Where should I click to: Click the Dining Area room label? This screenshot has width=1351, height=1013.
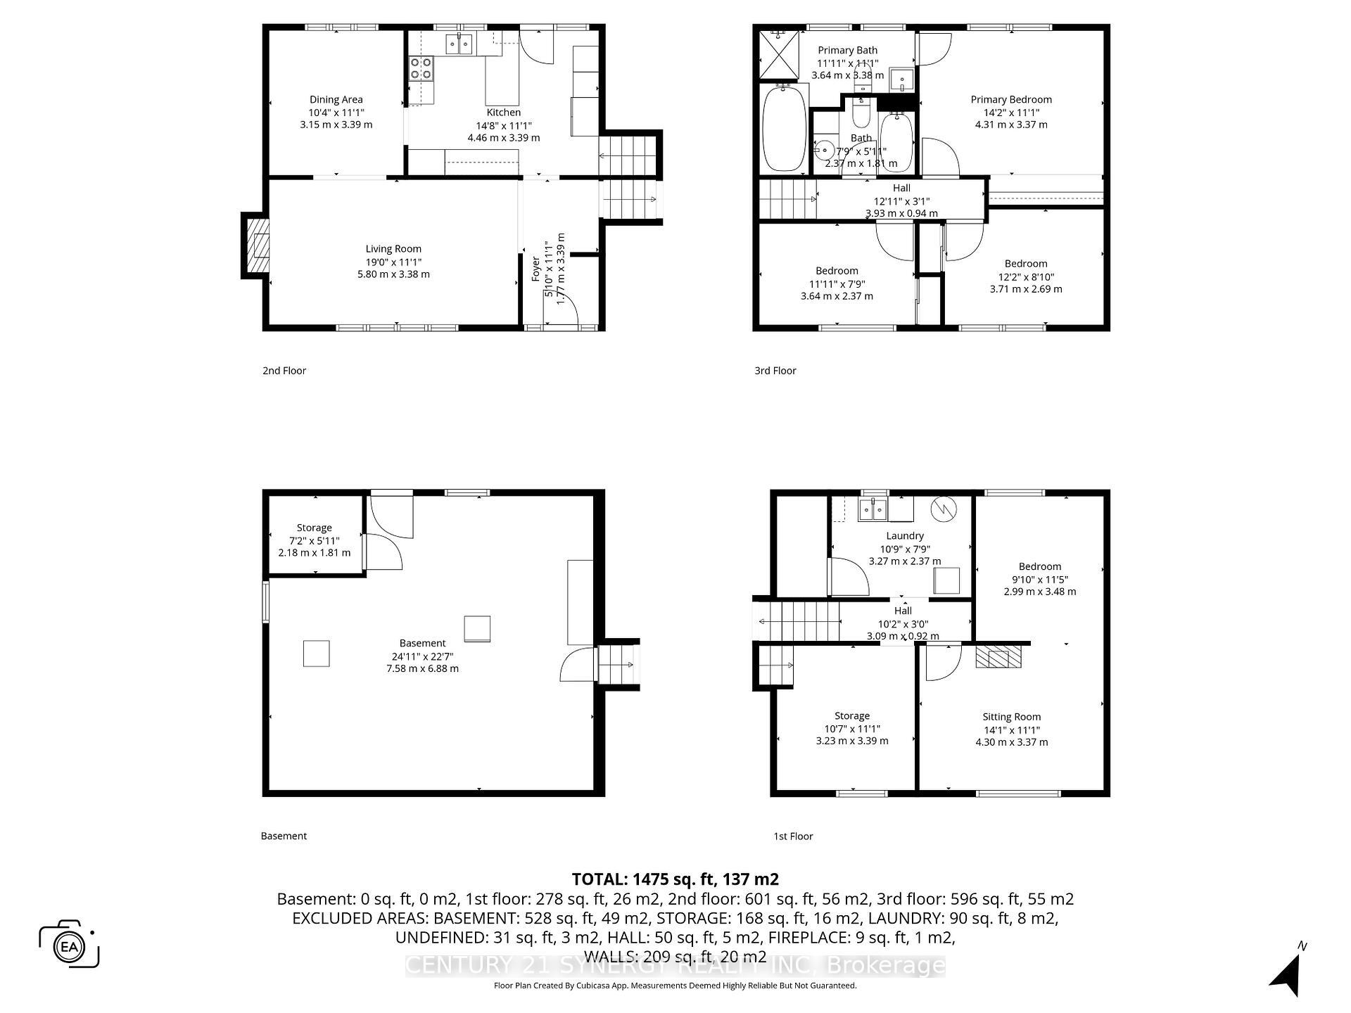(x=336, y=100)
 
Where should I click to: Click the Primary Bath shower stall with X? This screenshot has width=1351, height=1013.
(x=779, y=56)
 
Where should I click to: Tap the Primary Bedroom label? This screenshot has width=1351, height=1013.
(x=1010, y=100)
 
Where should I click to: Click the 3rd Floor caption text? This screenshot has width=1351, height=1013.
(x=775, y=371)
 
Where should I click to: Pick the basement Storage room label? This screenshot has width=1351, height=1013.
(x=314, y=528)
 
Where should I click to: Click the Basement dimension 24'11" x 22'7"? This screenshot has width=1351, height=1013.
(x=422, y=656)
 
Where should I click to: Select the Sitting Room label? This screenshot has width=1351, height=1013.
(x=1011, y=717)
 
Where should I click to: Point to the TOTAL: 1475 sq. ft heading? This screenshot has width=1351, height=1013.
(x=675, y=879)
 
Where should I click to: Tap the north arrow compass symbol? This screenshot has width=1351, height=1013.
(x=1288, y=972)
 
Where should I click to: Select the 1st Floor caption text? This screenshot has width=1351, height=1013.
(x=793, y=836)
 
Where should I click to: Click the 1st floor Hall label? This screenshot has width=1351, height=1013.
(x=903, y=611)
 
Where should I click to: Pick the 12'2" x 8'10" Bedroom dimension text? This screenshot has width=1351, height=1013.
(x=1025, y=277)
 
